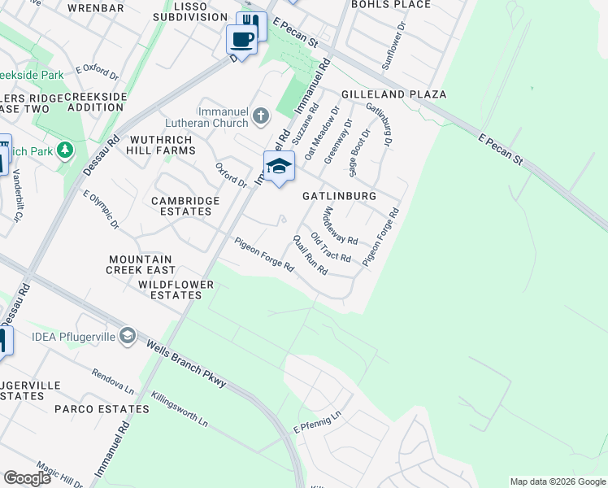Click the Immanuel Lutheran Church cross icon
(260, 115)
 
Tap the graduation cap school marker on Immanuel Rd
(278, 166)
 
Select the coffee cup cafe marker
(241, 37)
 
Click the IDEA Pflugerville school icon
(127, 335)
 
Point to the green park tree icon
(65, 150)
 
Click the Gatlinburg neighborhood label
(339, 196)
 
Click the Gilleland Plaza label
(393, 94)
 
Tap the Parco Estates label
(102, 408)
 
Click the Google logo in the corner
(28, 478)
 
